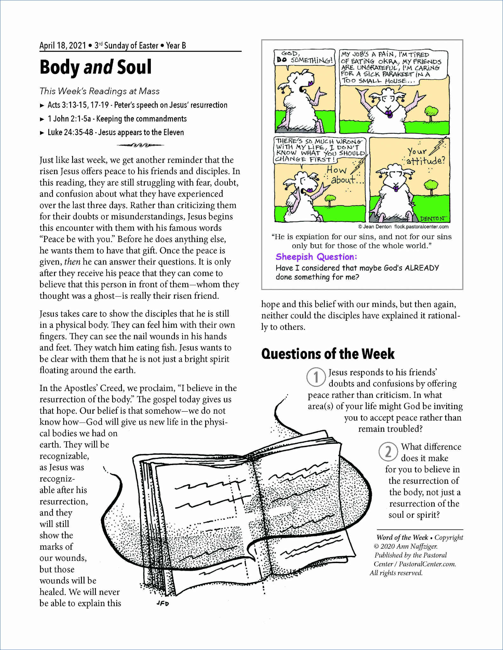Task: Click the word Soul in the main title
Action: point(134,67)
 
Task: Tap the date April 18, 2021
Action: point(63,46)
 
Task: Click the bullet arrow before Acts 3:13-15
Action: point(42,106)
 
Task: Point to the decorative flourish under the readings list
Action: point(140,145)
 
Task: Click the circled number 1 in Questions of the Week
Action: point(316,378)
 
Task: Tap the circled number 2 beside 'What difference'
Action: point(388,452)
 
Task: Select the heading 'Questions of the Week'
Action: point(328,354)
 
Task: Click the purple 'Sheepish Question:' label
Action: point(316,257)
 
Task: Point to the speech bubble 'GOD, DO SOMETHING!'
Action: point(305,57)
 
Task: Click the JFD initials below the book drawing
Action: point(163,603)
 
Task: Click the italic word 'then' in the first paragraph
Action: point(72,262)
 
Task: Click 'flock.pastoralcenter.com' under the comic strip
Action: point(421,227)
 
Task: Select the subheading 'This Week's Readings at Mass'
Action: point(99,91)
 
